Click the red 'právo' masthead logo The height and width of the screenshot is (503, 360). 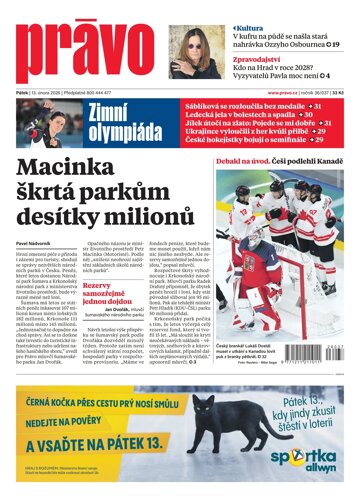[x=84, y=46]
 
